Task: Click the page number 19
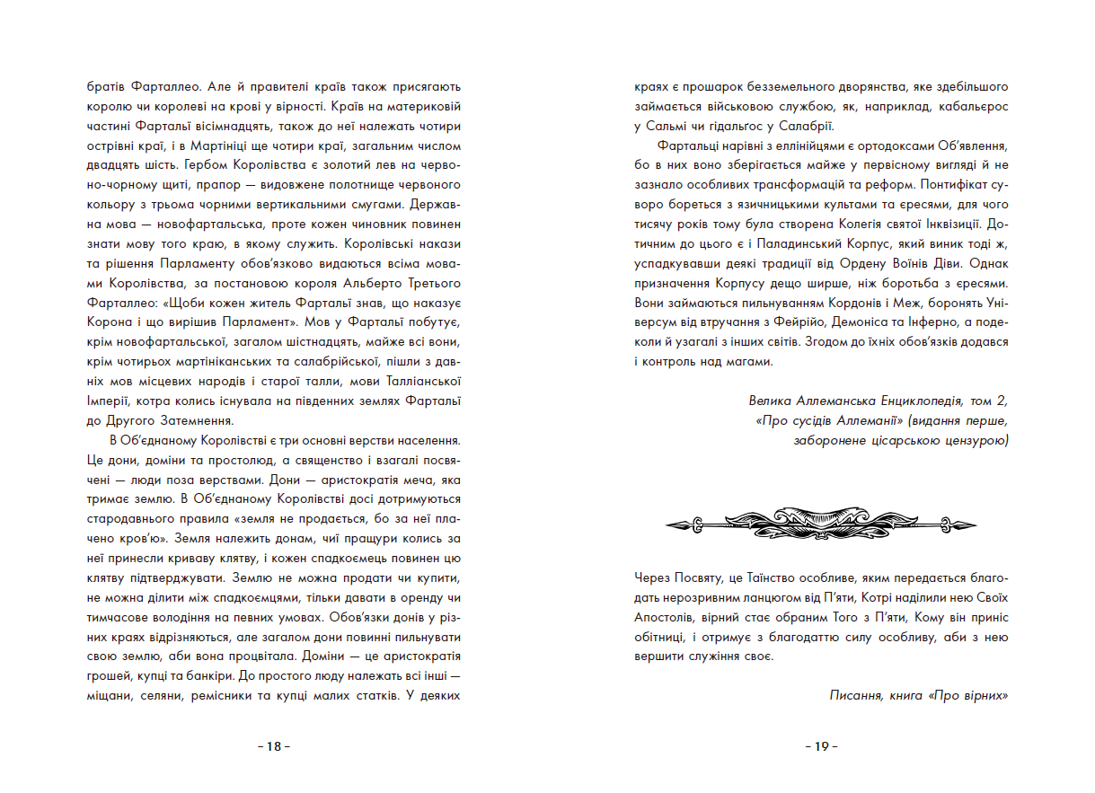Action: (820, 746)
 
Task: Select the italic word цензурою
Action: (973, 439)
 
